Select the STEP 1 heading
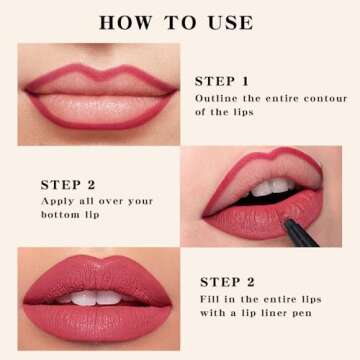(222, 81)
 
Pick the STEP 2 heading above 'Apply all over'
(68, 184)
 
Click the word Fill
(211, 299)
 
